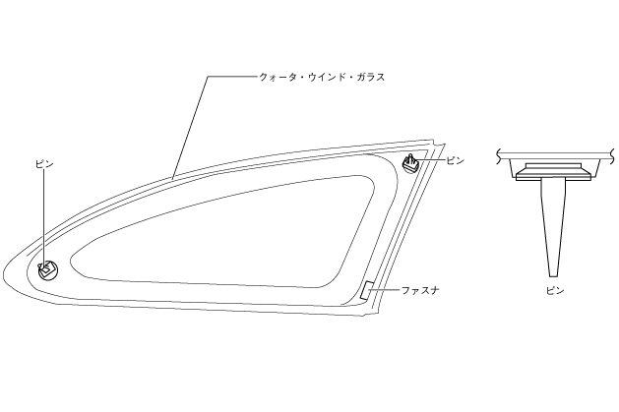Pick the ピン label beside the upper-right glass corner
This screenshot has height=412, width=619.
tap(454, 158)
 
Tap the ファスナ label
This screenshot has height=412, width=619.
tap(419, 291)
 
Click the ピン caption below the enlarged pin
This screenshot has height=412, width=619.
tap(555, 291)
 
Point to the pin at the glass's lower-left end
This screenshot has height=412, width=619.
tap(46, 266)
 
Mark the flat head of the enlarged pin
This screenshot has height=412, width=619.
tap(555, 169)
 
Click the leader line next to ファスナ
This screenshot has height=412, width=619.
tap(388, 291)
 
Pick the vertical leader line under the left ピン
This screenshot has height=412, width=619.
tap(42, 216)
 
